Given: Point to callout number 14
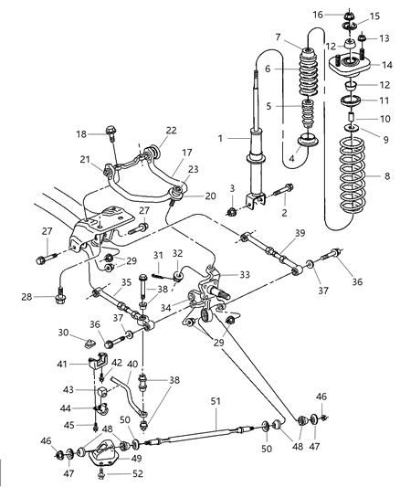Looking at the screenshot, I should pyautogui.click(x=388, y=65).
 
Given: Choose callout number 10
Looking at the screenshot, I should pyautogui.click(x=386, y=120).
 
